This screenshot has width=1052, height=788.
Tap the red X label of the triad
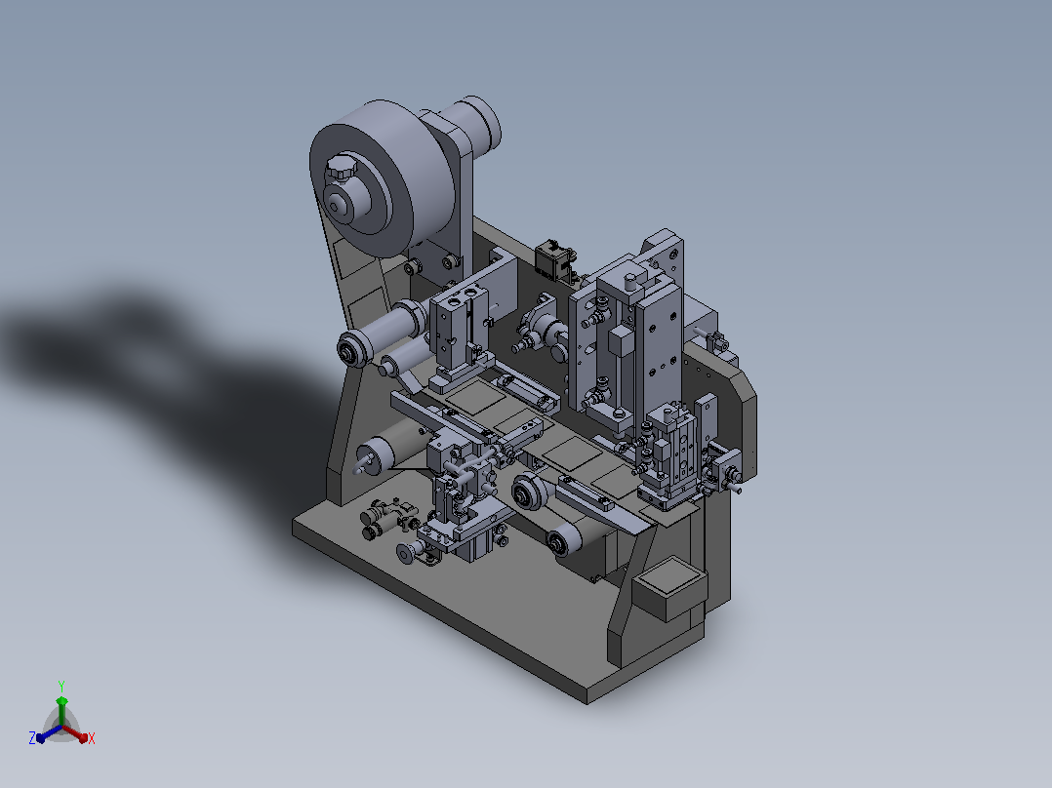point(92,738)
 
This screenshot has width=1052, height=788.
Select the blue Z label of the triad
point(32,737)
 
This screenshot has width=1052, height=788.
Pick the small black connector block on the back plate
point(554,260)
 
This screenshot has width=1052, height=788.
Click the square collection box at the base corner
point(669,588)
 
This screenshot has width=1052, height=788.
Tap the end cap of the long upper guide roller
point(350,351)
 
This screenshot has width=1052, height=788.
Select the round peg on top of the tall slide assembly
point(630,280)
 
